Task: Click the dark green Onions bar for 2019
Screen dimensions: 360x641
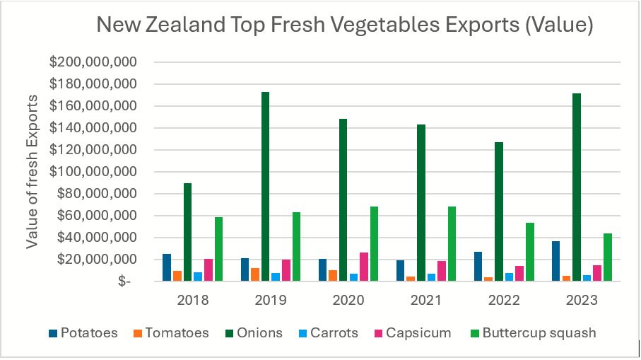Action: coord(265,187)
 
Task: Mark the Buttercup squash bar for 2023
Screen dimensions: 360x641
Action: coord(608,257)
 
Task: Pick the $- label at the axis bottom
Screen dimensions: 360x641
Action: coord(123,282)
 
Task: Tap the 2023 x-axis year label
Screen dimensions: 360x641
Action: coord(582,300)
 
